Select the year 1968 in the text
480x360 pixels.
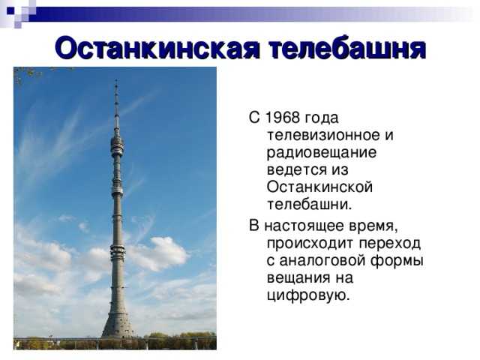tap(281, 118)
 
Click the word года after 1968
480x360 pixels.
tap(322, 118)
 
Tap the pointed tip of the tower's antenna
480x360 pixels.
tap(116, 81)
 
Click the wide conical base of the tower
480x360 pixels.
tap(117, 322)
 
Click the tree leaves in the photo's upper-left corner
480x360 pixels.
tap(27, 73)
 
